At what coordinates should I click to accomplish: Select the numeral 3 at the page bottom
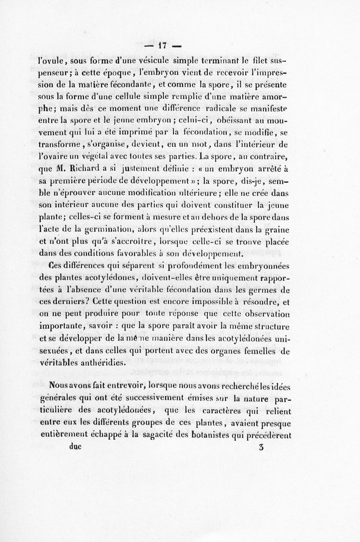point(262,448)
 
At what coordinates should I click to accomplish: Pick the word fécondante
point(157,84)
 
